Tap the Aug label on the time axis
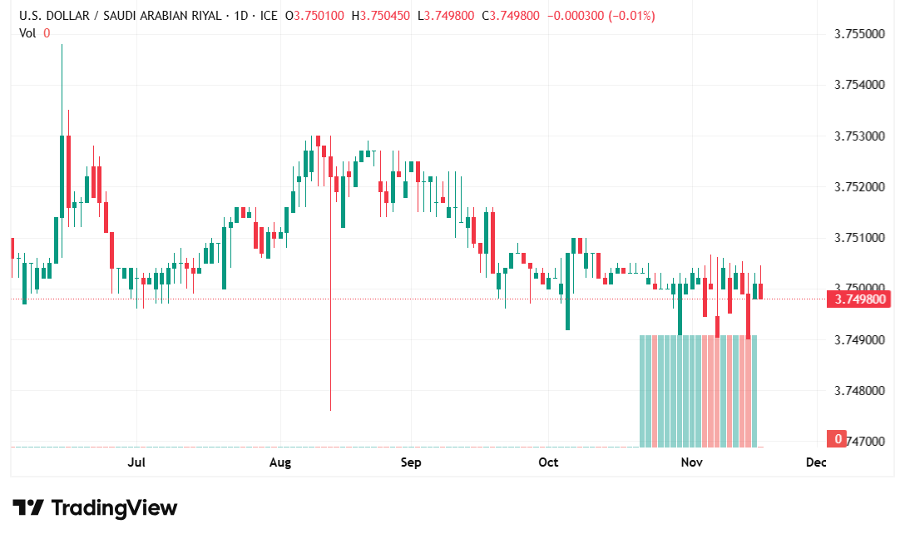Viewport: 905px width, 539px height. pyautogui.click(x=280, y=462)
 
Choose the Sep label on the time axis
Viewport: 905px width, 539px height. pyautogui.click(x=411, y=462)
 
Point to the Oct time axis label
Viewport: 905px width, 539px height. pyautogui.click(x=547, y=462)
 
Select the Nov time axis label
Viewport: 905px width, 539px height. pyautogui.click(x=692, y=462)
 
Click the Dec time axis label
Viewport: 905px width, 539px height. pyautogui.click(x=816, y=462)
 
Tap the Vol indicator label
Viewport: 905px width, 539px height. pyautogui.click(x=27, y=32)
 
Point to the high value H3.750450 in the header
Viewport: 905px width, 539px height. pyautogui.click(x=381, y=16)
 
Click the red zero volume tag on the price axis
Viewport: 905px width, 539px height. pyautogui.click(x=836, y=438)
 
